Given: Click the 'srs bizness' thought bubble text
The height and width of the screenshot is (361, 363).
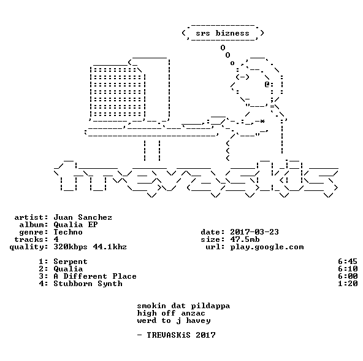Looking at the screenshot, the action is point(223,33).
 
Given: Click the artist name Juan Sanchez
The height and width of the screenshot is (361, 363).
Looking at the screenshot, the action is point(83,217).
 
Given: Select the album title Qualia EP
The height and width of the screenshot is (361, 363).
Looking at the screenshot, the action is point(75,225).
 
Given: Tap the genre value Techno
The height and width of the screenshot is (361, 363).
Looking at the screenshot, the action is point(68,232).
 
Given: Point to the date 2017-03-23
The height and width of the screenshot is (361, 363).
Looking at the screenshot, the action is point(254,232).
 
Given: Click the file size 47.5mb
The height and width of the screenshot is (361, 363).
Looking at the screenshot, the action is point(245,239).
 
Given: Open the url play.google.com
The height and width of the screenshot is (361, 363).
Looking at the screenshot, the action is point(267,247).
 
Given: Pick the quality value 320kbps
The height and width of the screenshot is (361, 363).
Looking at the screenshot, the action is point(71,247).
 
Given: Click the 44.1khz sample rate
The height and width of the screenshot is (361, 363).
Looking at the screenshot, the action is point(110,247).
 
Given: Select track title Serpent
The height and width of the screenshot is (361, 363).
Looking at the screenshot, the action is point(71,262).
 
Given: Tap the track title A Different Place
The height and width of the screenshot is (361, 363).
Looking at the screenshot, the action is point(95,276).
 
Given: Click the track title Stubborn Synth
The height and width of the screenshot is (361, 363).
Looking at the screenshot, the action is point(88,284).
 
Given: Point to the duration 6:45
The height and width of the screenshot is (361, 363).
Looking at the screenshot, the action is point(348,262).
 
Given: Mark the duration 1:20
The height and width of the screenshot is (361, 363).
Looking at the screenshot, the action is point(348,284).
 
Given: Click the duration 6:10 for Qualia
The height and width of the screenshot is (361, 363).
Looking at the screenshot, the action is point(348,269).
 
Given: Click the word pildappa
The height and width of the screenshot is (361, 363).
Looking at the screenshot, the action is point(210,306).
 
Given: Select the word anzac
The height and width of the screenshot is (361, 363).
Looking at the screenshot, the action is point(193,314).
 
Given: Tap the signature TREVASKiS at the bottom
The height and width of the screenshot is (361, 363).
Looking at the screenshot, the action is point(168,335).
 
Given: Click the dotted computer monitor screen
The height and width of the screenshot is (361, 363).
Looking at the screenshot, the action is point(117,92).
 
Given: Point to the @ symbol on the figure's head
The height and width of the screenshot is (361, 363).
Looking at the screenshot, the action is point(267,84).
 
